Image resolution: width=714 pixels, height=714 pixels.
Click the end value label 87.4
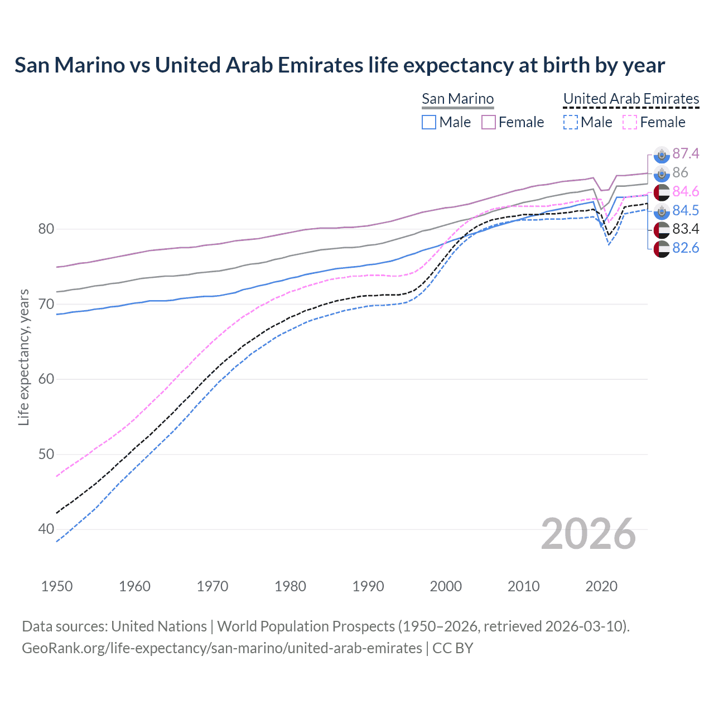coord(686,153)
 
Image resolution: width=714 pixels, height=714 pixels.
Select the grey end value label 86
coord(680,172)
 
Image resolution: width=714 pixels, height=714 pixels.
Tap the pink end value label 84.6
coord(686,191)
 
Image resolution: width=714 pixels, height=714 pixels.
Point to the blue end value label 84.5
coord(686,210)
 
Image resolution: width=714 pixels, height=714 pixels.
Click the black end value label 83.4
coord(686,229)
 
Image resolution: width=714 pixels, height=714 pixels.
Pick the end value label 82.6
coord(686,248)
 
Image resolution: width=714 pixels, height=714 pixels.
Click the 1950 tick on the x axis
coord(57,586)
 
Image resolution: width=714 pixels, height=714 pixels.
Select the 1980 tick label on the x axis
coord(290,586)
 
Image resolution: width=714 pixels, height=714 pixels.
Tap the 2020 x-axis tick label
coord(601,586)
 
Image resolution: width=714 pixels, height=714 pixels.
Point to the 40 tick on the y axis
coord(46,529)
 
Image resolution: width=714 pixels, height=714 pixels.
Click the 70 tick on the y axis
coord(46,304)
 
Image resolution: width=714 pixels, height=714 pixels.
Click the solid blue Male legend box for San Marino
coord(428,122)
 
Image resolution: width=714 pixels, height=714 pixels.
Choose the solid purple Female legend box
coord(489,122)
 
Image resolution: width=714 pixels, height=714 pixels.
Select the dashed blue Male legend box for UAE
coord(570,122)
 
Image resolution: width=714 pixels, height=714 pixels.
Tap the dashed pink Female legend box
coord(629,122)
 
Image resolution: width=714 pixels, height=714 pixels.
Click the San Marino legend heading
coord(457,99)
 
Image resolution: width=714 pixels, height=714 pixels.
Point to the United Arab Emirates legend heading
coord(631,99)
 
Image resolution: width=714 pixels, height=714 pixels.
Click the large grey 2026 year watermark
coord(588,534)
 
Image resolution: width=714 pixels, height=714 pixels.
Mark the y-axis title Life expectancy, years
coord(23,357)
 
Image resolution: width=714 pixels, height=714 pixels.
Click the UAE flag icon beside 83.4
coord(662,229)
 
